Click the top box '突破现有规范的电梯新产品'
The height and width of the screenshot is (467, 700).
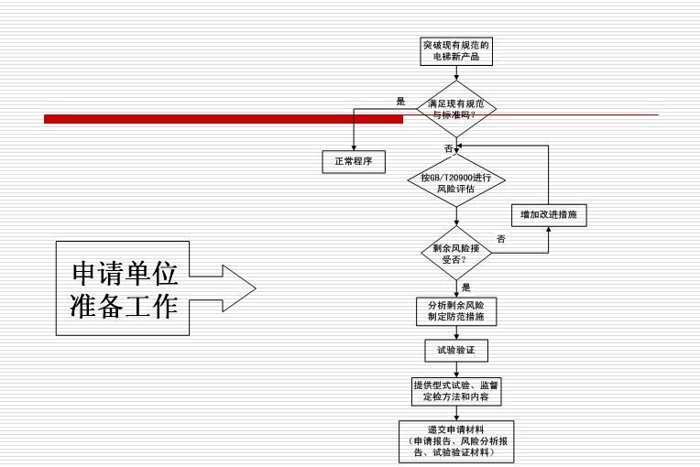(456, 50)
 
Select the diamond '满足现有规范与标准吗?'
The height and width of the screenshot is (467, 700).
(456, 110)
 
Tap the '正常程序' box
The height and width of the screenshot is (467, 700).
(354, 162)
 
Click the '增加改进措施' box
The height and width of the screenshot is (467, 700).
(548, 214)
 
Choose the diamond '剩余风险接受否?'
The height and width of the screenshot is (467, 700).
(456, 253)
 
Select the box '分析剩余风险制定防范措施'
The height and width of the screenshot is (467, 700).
(455, 311)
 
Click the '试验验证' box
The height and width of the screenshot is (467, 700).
(455, 350)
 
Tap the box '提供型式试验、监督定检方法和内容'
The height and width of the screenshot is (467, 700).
(455, 391)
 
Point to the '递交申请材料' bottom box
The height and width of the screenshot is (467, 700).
(455, 440)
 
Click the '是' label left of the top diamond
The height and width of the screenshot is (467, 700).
(400, 102)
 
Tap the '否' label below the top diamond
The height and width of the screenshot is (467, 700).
(448, 147)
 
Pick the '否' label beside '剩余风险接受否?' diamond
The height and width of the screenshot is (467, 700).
(500, 239)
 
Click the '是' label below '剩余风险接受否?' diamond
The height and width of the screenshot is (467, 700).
(465, 288)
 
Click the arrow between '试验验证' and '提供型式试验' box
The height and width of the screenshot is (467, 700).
(455, 369)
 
